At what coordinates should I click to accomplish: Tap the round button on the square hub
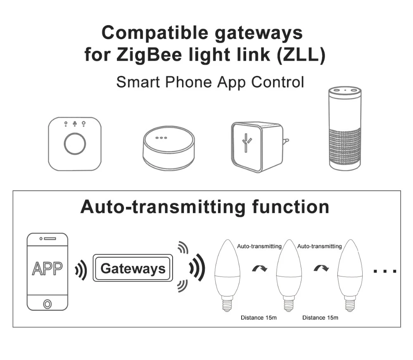click(75, 144)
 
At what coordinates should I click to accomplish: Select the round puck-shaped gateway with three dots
click(169, 148)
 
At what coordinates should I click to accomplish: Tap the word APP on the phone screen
click(47, 268)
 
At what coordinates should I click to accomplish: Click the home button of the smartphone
click(47, 304)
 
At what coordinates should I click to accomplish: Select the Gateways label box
click(133, 269)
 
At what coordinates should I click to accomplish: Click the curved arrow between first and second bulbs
click(259, 268)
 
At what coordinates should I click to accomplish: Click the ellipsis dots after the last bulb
click(385, 271)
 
